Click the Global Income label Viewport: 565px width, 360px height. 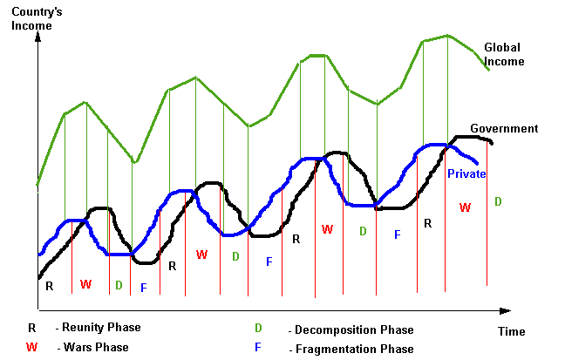click(x=504, y=54)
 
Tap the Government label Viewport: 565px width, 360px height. click(x=504, y=129)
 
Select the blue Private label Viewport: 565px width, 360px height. click(x=466, y=174)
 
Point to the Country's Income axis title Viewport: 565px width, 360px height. click(x=32, y=18)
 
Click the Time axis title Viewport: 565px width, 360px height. click(x=511, y=331)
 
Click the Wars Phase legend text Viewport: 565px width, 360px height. click(x=95, y=348)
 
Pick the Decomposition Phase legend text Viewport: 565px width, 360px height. click(x=354, y=330)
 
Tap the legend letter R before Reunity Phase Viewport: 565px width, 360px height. click(x=32, y=328)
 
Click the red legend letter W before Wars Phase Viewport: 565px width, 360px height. click(x=32, y=347)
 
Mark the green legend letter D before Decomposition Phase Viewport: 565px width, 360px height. click(x=258, y=329)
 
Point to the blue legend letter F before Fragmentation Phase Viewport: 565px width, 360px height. click(x=258, y=348)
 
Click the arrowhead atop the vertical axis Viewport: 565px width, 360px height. click(x=37, y=39)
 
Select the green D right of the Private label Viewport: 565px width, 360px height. click(x=498, y=202)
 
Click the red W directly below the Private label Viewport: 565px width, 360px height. click(x=465, y=207)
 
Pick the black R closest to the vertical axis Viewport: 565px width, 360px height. click(x=49, y=286)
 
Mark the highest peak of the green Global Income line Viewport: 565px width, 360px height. click(x=448, y=36)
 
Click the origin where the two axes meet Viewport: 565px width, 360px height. click(x=37, y=309)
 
